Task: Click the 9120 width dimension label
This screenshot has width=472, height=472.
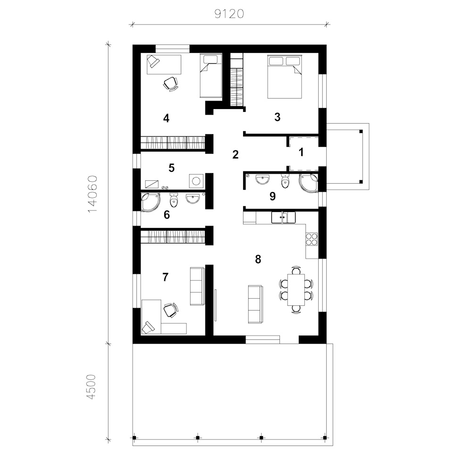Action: coord(229,14)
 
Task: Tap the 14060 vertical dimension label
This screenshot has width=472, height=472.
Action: coord(93,194)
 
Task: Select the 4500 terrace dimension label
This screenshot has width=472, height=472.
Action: coord(91,387)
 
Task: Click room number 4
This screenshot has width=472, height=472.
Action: coord(166,118)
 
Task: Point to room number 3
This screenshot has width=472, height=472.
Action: coord(277,117)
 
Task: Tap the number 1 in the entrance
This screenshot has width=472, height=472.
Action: coord(301,152)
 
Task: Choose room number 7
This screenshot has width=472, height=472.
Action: coord(165,277)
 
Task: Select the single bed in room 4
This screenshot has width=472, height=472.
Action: coord(211,76)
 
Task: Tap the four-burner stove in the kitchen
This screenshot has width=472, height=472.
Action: coord(312,239)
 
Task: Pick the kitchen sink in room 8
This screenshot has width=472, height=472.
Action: coord(283,217)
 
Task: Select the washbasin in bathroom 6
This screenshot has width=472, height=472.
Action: coord(193,199)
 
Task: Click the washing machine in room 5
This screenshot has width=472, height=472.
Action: coord(196,181)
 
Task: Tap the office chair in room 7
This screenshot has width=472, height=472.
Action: coord(170,310)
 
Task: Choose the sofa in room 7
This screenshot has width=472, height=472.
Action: coord(197,286)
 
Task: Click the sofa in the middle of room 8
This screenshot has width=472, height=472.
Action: coord(255,304)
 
